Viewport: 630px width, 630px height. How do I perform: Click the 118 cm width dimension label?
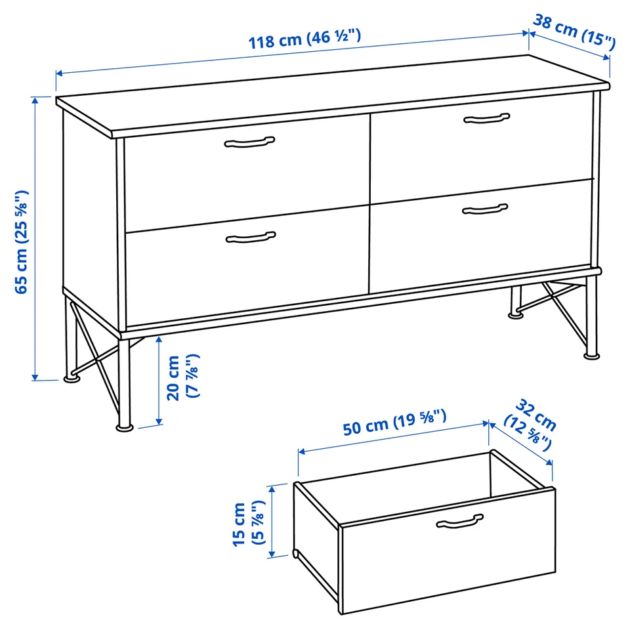(x=304, y=39)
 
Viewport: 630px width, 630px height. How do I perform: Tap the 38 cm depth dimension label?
(x=574, y=32)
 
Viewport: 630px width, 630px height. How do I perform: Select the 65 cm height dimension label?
(x=22, y=242)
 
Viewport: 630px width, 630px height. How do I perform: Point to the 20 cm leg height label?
(x=183, y=377)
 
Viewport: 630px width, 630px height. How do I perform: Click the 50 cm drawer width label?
(x=394, y=422)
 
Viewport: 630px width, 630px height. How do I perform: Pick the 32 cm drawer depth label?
(x=530, y=425)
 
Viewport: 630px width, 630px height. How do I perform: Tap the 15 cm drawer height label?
(x=249, y=524)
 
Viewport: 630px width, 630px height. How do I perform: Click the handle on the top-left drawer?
(x=249, y=142)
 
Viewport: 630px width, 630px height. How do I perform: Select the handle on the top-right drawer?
(x=486, y=118)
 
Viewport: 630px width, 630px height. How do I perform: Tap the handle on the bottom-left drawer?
(x=251, y=238)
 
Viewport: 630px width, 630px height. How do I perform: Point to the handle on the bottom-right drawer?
(x=485, y=209)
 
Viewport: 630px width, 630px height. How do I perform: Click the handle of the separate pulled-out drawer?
(x=459, y=521)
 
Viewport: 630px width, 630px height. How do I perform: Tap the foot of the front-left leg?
(x=125, y=427)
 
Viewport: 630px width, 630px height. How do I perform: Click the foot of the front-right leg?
(x=591, y=356)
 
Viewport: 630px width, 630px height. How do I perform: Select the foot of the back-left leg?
(x=72, y=378)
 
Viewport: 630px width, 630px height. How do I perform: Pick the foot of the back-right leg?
(x=516, y=315)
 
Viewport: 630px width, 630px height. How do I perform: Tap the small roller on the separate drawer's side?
(x=296, y=554)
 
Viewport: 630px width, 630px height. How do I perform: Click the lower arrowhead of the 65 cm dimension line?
(x=35, y=377)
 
